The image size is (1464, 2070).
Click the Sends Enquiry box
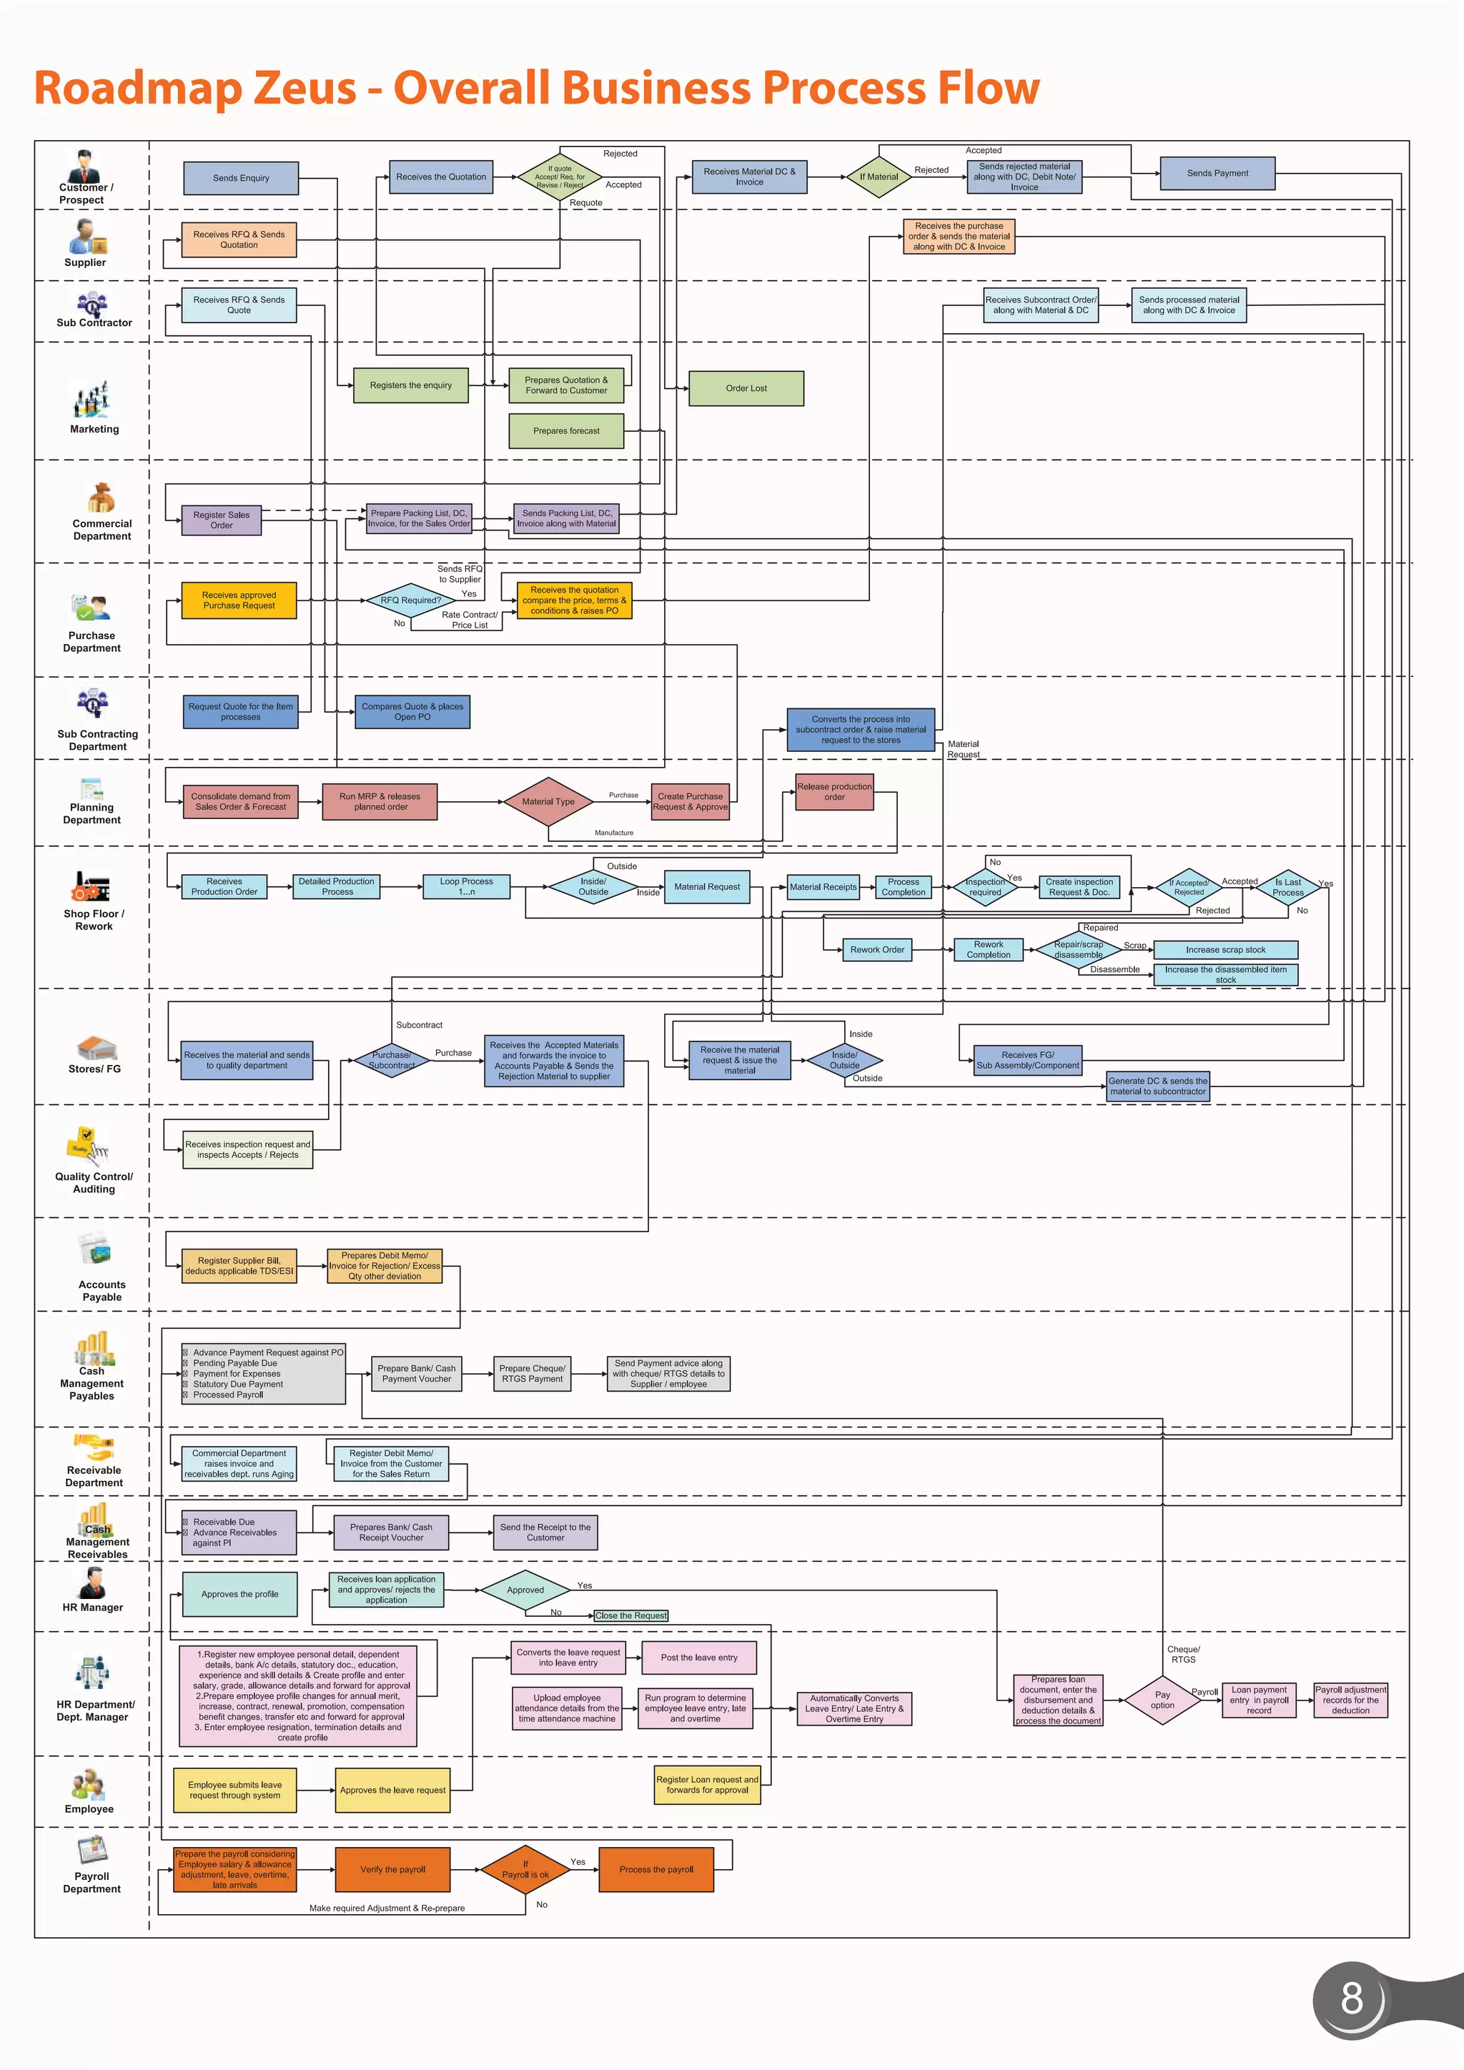point(241,177)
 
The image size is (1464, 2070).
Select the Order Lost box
point(746,389)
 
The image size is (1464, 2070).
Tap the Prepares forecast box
point(565,431)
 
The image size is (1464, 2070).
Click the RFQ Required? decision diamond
point(410,600)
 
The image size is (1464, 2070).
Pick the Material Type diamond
point(548,801)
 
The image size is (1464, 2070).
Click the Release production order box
point(834,791)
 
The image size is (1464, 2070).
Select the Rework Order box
point(876,949)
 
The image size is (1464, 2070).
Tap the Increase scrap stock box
point(1225,949)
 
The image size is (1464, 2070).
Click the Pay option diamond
point(1162,1700)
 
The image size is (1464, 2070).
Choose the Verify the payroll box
point(392,1870)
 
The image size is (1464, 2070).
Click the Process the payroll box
point(656,1870)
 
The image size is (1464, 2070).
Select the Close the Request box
point(631,1615)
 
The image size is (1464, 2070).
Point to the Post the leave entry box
point(698,1657)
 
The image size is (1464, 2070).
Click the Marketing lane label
point(94,429)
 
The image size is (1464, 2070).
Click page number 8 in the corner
point(1350,1999)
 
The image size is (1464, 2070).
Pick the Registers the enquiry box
point(410,385)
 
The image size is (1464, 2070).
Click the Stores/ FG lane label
point(94,1069)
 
